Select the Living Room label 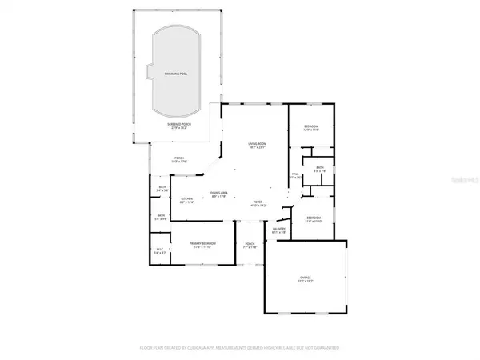point(256,144)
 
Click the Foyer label point(258,202)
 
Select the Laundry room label point(278,230)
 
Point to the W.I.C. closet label point(160,250)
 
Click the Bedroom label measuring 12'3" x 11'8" point(311,127)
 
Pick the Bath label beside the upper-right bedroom point(318,169)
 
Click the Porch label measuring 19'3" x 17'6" point(179,158)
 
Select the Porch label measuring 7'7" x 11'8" point(248,246)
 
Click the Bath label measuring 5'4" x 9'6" point(160,216)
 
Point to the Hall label point(294,174)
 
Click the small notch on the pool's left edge point(149,71)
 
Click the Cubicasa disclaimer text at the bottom point(240,349)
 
